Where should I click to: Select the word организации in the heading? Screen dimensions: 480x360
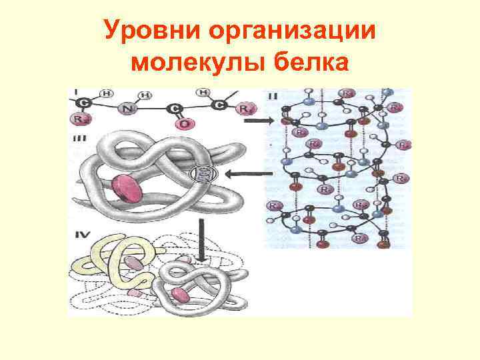pyautogui.click(x=291, y=31)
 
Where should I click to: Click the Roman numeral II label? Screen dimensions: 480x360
pyautogui.click(x=273, y=97)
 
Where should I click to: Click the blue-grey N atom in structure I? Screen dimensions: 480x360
pyautogui.click(x=127, y=109)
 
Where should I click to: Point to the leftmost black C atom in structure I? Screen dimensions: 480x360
pyautogui.click(x=83, y=103)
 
